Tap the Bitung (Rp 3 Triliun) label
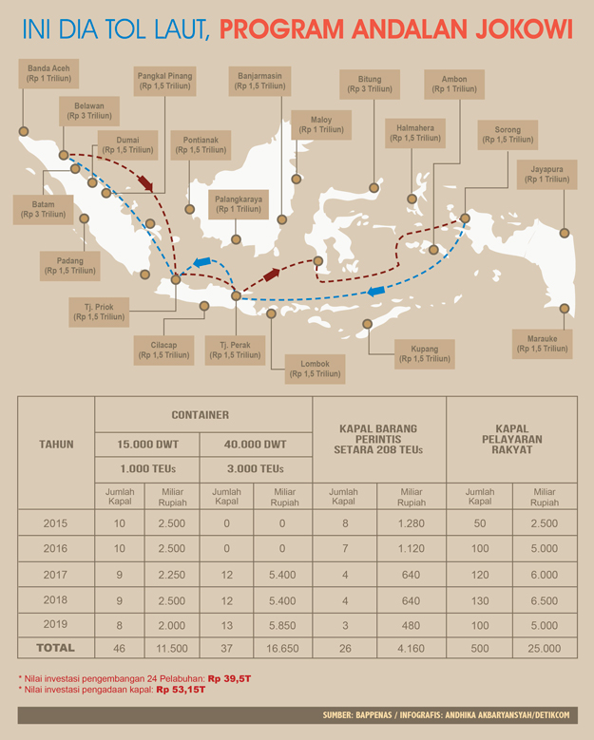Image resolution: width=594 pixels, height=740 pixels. [x=370, y=84]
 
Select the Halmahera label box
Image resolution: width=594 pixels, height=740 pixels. [x=414, y=132]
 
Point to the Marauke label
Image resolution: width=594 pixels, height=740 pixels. [x=543, y=343]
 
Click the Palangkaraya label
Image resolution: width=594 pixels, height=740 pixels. [x=236, y=205]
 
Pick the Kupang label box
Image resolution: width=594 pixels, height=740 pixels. [x=425, y=353]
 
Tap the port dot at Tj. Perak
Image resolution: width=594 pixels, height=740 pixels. [x=237, y=295]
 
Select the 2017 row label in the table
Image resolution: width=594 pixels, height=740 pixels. [x=56, y=574]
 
